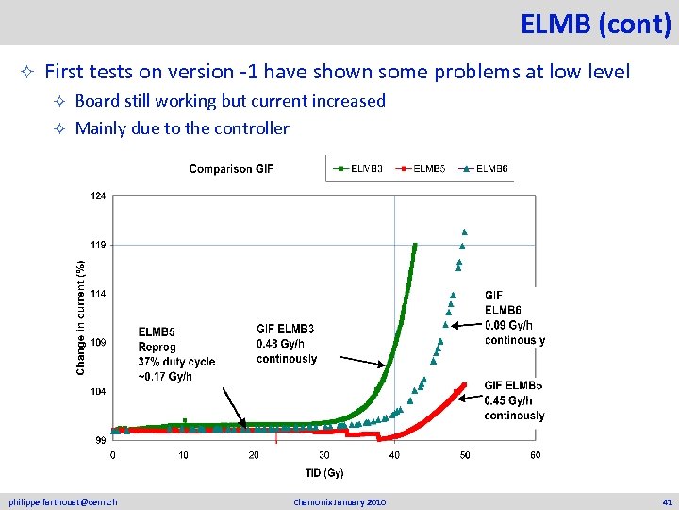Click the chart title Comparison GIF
(231, 169)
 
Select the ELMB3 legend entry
(362, 169)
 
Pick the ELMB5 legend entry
(425, 169)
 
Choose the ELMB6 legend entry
(488, 169)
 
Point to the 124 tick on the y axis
(99, 196)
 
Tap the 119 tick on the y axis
(99, 245)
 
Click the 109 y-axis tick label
(99, 342)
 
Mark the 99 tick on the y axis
(100, 439)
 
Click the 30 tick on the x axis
(324, 455)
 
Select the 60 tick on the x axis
(535, 455)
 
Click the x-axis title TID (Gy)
(323, 472)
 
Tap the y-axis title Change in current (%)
(81, 310)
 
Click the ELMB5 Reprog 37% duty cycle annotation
(176, 354)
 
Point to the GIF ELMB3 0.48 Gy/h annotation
(287, 344)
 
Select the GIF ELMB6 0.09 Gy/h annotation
(514, 317)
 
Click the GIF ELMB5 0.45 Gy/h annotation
(514, 399)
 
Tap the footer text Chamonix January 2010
(339, 501)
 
